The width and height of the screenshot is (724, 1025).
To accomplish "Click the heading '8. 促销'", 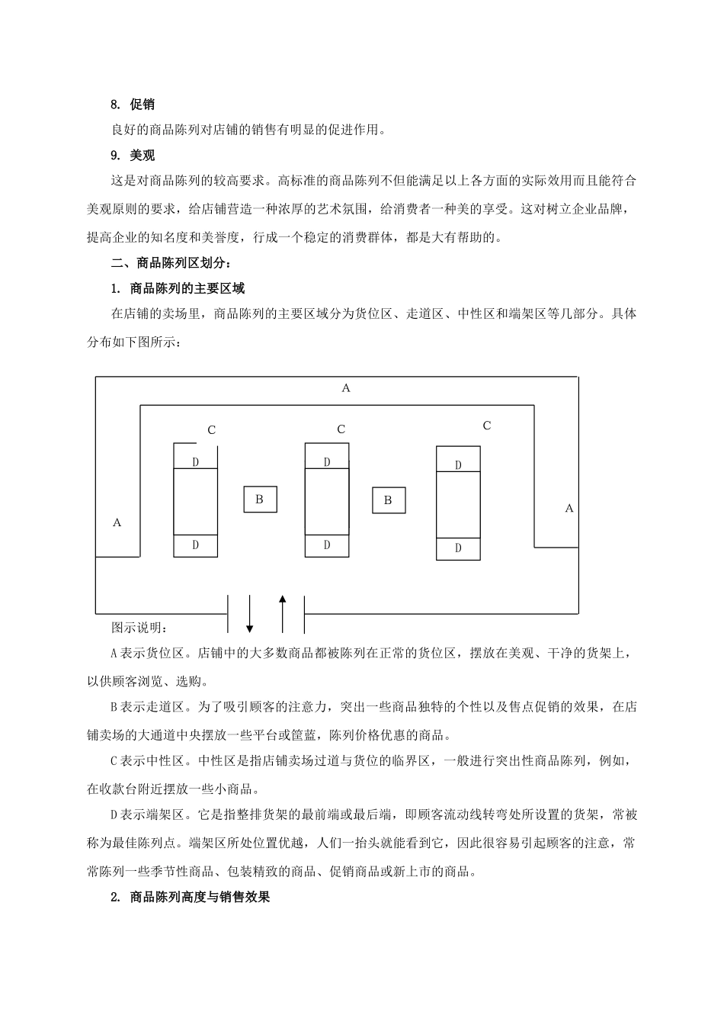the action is click(x=133, y=104).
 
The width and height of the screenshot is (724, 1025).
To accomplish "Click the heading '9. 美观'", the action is click(x=133, y=156).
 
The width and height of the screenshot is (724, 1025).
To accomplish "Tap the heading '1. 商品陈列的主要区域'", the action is click(x=178, y=288).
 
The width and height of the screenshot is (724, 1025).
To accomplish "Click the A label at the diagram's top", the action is click(x=346, y=388).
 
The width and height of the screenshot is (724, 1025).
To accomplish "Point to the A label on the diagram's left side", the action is click(x=117, y=522).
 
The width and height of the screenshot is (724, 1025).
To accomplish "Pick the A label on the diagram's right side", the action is click(x=569, y=508).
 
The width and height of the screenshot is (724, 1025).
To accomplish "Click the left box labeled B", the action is click(x=260, y=500).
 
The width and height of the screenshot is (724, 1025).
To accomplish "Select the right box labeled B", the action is click(x=388, y=500).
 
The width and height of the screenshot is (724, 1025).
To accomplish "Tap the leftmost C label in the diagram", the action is click(x=212, y=430).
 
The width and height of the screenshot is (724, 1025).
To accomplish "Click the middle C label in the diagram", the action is click(x=341, y=429).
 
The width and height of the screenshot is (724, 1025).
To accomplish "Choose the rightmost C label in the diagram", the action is click(x=487, y=426).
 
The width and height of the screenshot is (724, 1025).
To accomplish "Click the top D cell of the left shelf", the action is click(x=196, y=462).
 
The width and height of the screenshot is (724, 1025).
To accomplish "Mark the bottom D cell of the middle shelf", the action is click(x=327, y=545).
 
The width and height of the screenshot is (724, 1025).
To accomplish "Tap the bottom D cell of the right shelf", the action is click(x=458, y=548).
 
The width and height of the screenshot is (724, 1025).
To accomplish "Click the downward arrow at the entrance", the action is click(x=249, y=614).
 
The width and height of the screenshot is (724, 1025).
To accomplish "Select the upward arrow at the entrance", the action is click(x=283, y=614).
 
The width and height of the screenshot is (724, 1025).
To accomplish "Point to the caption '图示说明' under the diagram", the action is click(x=139, y=628).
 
